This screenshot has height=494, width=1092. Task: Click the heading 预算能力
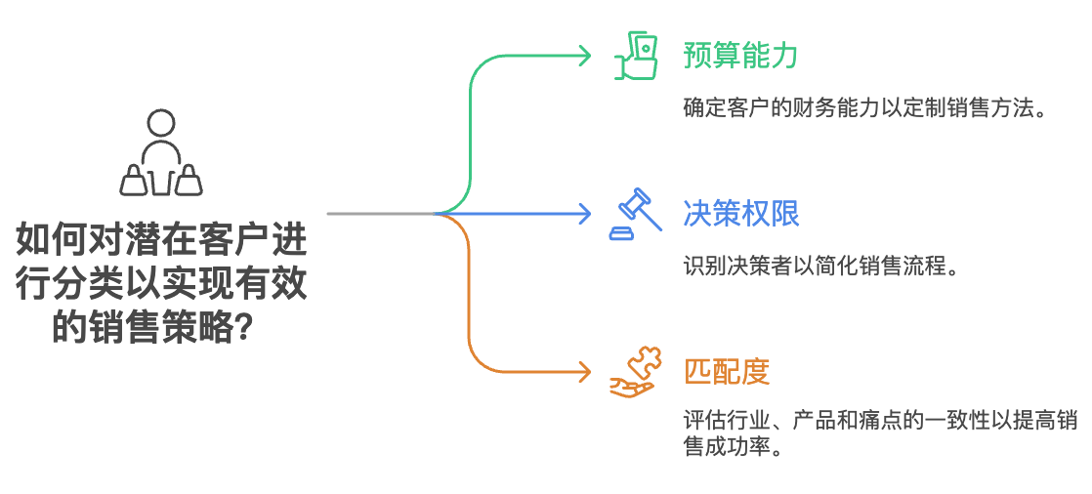(x=740, y=55)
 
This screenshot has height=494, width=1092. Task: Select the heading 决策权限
(x=740, y=213)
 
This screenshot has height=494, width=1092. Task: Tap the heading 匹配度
(x=727, y=371)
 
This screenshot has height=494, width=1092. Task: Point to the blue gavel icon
(x=631, y=213)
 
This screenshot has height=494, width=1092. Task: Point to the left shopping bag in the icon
(x=133, y=180)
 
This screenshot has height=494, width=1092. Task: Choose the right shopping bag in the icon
(x=190, y=180)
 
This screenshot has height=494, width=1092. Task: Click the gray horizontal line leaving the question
(x=381, y=213)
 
